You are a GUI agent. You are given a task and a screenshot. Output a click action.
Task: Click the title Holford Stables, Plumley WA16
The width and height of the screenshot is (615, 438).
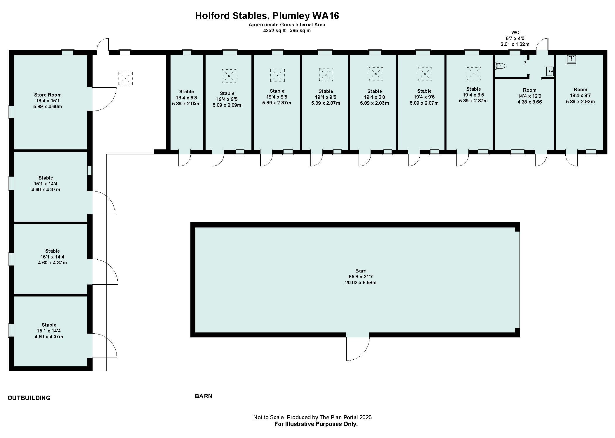267,15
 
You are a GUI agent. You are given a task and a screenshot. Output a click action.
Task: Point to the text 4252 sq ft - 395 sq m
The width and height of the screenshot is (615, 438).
287,30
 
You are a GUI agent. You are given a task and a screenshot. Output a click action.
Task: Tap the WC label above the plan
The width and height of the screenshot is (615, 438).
515,32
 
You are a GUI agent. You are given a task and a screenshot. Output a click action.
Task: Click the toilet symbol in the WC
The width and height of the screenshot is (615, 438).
500,66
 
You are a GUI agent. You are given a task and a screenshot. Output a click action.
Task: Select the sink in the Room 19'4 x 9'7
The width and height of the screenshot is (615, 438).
571,59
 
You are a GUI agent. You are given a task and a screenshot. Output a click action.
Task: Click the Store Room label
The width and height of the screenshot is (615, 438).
48,95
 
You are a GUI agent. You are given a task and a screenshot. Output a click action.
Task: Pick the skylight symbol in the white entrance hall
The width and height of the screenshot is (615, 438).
126,78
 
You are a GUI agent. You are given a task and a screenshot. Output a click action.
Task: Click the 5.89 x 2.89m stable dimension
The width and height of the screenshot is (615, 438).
227,105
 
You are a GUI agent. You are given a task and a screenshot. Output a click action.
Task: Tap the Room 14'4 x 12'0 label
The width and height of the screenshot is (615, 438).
529,90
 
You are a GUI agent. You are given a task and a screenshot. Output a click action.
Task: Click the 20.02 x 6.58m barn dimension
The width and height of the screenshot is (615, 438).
361,282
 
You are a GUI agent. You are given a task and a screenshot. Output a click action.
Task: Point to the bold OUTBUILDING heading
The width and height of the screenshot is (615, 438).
29,398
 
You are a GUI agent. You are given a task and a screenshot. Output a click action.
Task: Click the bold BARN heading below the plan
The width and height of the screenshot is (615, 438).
204,396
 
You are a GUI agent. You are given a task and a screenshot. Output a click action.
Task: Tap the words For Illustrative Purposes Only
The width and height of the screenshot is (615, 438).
316,424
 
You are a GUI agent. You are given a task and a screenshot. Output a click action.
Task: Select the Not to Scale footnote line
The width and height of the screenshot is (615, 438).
312,417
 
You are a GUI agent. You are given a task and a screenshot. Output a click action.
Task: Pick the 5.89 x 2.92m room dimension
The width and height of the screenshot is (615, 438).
580,101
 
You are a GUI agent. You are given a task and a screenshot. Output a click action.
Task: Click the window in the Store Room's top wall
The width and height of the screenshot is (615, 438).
67,53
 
